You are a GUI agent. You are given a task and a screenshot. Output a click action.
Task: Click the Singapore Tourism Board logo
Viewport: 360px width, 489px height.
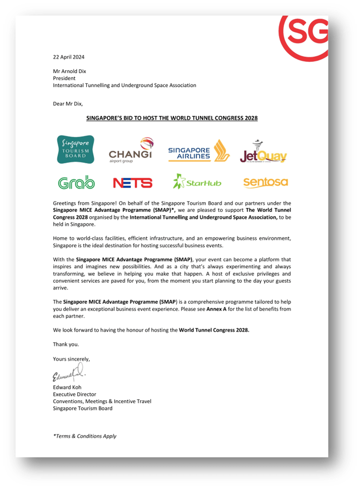(x=76, y=149)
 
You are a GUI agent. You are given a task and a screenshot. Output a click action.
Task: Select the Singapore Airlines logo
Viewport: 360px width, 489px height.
(x=199, y=151)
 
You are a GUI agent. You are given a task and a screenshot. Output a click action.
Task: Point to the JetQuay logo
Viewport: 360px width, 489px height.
(x=263, y=152)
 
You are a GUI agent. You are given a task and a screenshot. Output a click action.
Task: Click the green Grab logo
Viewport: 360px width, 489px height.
(x=77, y=182)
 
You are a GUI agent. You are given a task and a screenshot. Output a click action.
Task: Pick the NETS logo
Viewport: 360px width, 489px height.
(x=133, y=183)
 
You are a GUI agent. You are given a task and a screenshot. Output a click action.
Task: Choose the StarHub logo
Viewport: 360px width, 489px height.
(x=197, y=182)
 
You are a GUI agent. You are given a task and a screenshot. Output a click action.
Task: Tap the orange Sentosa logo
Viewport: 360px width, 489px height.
(x=265, y=182)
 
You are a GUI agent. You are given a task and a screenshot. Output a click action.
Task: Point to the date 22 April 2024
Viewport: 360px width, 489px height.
(x=69, y=57)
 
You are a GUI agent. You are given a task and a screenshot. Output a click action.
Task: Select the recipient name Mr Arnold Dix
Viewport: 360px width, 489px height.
(x=70, y=71)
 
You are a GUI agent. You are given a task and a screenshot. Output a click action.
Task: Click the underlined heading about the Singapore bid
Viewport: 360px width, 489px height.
(x=172, y=118)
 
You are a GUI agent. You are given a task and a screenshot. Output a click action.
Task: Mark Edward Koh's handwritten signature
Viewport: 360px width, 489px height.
(x=68, y=375)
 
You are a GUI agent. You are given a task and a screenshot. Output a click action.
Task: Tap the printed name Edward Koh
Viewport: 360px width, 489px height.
(x=67, y=387)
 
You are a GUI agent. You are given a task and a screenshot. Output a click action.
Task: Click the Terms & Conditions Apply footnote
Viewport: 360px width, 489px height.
(x=85, y=436)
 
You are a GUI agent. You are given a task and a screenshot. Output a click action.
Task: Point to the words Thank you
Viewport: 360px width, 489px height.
(x=66, y=344)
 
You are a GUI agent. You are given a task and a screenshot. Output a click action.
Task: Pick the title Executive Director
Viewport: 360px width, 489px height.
(x=75, y=394)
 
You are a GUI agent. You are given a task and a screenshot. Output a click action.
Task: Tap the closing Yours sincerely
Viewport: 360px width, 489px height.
(x=72, y=359)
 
